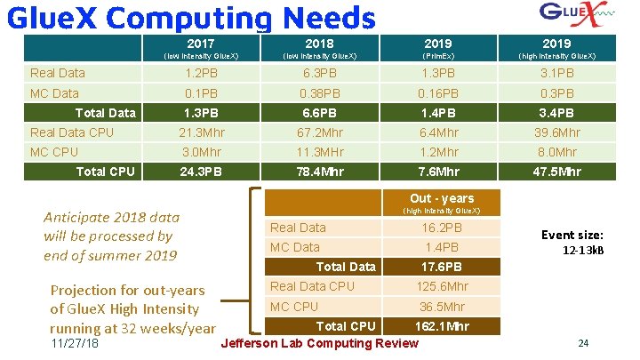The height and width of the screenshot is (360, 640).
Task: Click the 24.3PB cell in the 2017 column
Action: tap(200, 172)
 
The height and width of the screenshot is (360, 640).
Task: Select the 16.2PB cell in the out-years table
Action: tap(442, 228)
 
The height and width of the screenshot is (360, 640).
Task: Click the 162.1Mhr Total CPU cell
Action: tap(442, 327)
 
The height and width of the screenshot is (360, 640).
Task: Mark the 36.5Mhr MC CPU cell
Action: tap(442, 307)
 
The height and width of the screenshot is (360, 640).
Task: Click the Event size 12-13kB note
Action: tap(572, 242)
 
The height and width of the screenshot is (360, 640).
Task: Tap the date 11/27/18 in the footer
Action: tap(75, 344)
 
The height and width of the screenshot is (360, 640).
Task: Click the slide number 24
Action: tap(583, 344)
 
